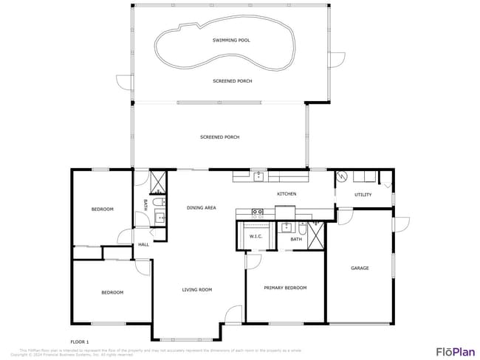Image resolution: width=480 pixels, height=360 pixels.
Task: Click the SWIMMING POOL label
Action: tap(230, 40)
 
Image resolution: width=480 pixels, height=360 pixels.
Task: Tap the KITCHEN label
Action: tap(287, 194)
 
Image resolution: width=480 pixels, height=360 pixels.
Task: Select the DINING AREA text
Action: tap(201, 208)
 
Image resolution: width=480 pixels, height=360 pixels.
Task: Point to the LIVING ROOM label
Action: tap(197, 290)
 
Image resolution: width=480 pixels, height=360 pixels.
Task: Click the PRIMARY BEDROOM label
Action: tap(285, 288)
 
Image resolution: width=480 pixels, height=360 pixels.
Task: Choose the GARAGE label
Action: tap(360, 268)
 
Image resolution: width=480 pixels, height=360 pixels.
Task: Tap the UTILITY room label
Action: tap(363, 195)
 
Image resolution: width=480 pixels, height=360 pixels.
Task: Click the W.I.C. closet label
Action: tap(256, 237)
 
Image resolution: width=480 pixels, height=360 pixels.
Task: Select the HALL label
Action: tap(143, 245)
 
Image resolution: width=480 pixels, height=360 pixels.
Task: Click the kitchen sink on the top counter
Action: tap(258, 176)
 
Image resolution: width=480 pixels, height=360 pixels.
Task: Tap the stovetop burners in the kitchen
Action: tap(258, 212)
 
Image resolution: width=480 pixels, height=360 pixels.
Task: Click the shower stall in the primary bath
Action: tap(316, 235)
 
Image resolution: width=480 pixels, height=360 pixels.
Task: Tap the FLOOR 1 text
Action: tap(79, 342)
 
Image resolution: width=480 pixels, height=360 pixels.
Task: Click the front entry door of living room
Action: tap(233, 315)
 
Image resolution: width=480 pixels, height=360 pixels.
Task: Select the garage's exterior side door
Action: tap(402, 225)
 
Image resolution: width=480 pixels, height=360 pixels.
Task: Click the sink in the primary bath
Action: tap(288, 227)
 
